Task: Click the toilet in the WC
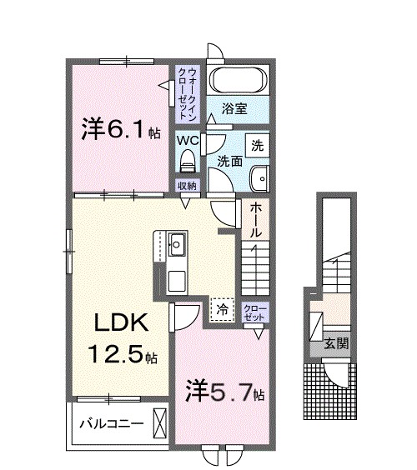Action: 188,157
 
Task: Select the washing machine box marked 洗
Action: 258,143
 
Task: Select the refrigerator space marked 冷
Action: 223,308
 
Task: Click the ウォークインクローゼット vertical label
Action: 188,85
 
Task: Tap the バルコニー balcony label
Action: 110,422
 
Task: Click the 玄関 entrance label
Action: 336,344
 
